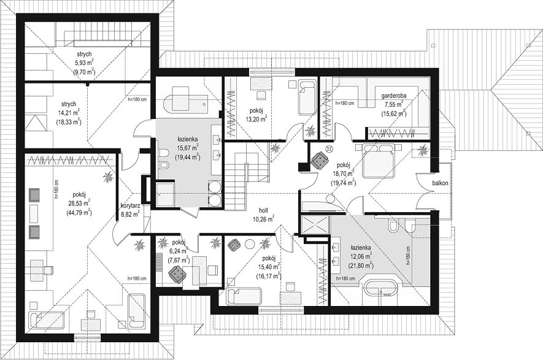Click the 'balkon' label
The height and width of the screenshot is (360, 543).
pyautogui.click(x=440, y=183)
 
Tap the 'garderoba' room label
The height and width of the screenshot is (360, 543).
pyautogui.click(x=394, y=96)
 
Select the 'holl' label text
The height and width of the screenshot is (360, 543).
pyautogui.click(x=263, y=210)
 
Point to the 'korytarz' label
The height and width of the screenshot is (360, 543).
pyautogui.click(x=130, y=206)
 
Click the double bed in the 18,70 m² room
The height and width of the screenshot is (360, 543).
pyautogui.click(x=378, y=160)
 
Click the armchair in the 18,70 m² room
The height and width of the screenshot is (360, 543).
pyautogui.click(x=320, y=161)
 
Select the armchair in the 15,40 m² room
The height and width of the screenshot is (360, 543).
pyautogui.click(x=234, y=245)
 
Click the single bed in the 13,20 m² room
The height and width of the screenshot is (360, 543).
pyautogui.click(x=307, y=98)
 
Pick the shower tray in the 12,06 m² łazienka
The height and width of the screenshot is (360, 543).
pyautogui.click(x=315, y=225)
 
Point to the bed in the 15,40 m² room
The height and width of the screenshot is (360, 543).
pyautogui.click(x=244, y=296)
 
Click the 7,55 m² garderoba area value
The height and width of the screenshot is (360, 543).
pyautogui.click(x=394, y=104)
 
